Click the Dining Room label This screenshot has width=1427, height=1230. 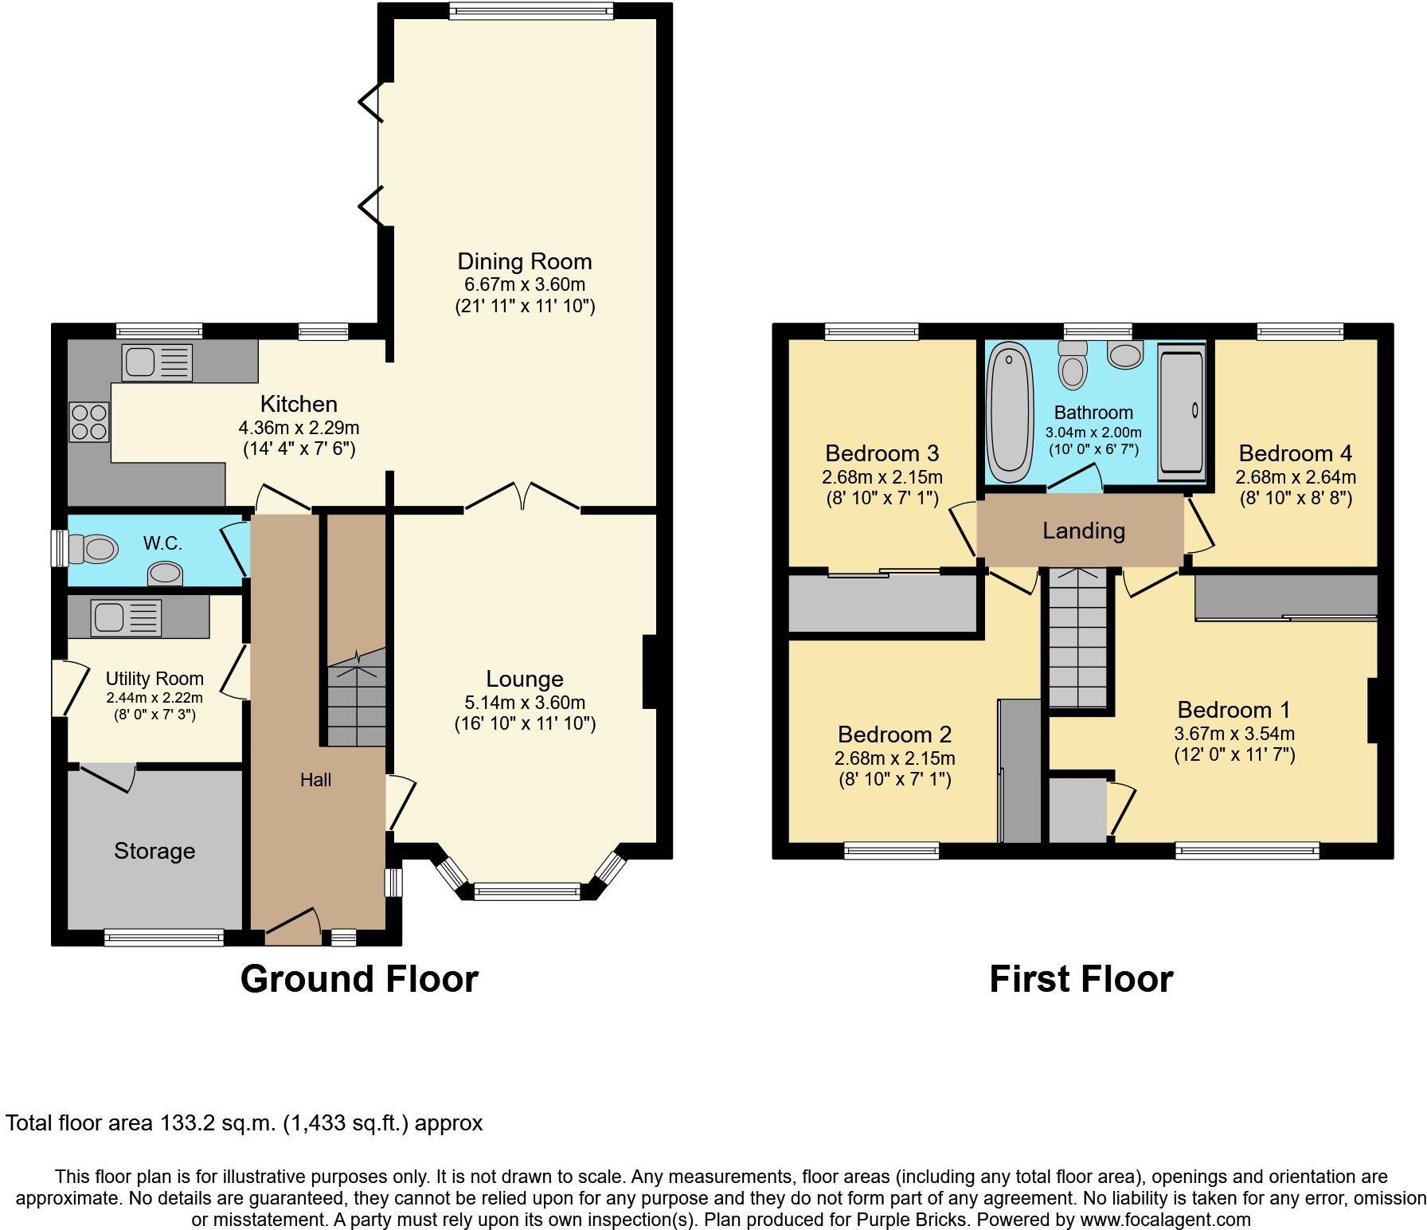click(524, 261)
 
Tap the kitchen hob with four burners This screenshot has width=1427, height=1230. click(88, 422)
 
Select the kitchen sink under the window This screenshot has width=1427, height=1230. click(157, 362)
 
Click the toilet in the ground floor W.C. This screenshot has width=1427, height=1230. click(93, 549)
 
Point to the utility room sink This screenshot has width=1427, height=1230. click(126, 617)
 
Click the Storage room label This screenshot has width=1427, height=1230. click(154, 851)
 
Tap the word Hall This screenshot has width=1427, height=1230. click(315, 780)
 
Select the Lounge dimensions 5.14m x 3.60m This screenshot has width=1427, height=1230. click(525, 703)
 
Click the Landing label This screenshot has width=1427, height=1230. click(1084, 531)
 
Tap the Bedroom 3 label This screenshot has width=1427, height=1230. click(882, 453)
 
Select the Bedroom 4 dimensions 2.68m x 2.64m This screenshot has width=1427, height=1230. click(1295, 477)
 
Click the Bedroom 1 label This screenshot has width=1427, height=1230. click(1233, 709)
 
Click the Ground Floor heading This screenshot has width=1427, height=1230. click(359, 979)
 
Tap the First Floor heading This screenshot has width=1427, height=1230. click(1081, 979)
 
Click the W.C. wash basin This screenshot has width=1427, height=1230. click(165, 573)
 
